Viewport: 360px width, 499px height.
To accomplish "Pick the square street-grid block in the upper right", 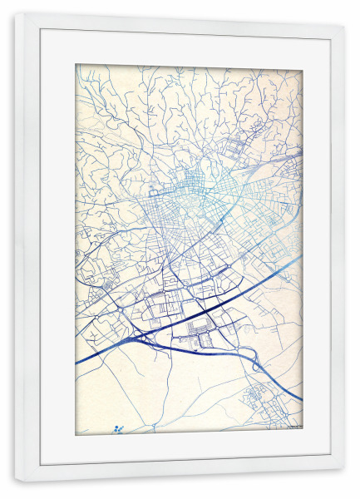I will coord(238,150).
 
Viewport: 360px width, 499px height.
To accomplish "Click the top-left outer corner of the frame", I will coord(14,13).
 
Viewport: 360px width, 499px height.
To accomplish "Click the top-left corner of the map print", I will coord(76,65).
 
